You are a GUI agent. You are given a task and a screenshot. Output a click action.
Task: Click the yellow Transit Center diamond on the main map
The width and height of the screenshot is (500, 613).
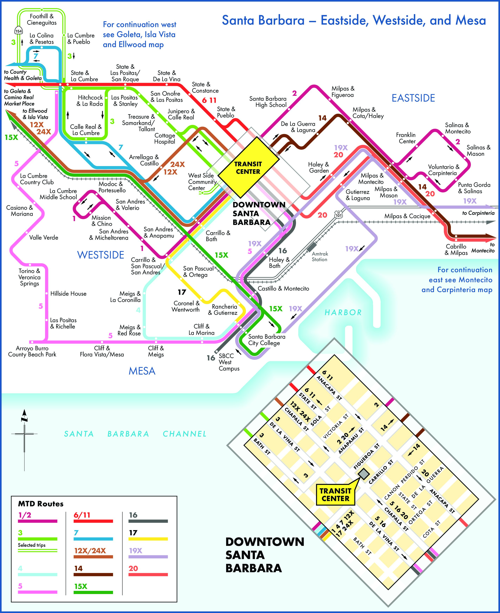point(248,167)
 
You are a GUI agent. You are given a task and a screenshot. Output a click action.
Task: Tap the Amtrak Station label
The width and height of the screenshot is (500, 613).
point(320,256)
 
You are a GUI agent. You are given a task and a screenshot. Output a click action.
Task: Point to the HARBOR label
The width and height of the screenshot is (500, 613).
point(343,312)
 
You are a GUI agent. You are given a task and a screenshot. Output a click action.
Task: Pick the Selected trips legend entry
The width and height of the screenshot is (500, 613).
point(32,545)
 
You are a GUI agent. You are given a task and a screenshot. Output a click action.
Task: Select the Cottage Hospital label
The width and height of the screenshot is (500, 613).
point(165,138)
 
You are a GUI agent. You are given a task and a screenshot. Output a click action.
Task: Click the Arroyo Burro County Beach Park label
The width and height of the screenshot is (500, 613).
point(32,351)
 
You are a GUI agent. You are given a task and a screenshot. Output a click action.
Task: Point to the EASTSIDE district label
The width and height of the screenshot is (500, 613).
point(413,98)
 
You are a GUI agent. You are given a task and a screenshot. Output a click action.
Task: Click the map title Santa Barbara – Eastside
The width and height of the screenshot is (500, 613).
point(354,20)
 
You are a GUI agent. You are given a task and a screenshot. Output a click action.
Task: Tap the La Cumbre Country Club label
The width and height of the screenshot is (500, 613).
point(37,179)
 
